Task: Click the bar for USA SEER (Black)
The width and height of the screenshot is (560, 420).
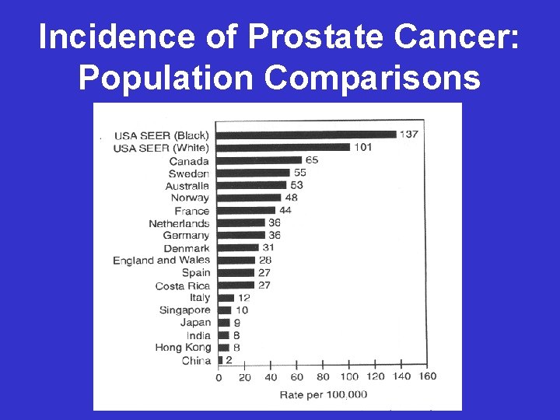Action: pos(306,135)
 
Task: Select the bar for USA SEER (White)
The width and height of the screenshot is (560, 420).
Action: pos(283,147)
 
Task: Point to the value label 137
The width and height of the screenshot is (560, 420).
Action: pos(409,135)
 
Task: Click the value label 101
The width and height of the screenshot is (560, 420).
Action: pos(362,147)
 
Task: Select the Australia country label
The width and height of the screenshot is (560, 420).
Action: pos(187,186)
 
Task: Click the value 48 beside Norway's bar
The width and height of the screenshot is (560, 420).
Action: pos(291,198)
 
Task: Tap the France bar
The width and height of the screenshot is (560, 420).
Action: pos(246,210)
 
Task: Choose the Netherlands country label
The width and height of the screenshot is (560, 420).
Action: pos(179,223)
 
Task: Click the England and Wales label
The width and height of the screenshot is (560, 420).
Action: pos(161,260)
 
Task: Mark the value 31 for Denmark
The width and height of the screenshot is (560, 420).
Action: pos(268,247)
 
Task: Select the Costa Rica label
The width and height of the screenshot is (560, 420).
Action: pos(182,285)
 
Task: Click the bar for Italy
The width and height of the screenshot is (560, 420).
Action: pos(226,298)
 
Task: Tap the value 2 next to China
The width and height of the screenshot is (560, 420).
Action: pos(229,360)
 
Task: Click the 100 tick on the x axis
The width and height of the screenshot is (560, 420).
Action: pos(348,377)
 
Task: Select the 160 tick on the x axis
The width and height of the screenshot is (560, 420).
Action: pos(427,376)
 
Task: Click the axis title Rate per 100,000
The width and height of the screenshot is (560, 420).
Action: pos(323,394)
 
